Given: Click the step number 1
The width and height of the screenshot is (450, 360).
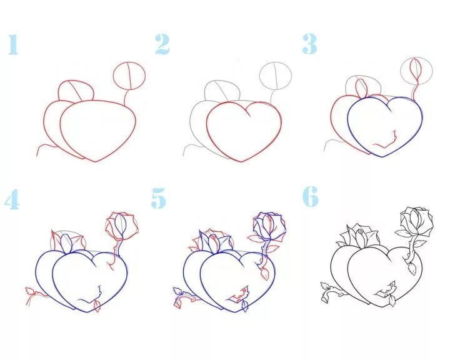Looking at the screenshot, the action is [13, 44].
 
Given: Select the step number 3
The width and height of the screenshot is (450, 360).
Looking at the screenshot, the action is [309, 44].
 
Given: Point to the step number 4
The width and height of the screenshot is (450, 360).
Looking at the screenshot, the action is [12, 199].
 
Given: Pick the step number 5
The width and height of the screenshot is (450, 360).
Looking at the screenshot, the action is [159, 198].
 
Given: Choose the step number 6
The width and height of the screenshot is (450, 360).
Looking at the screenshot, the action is [311, 196].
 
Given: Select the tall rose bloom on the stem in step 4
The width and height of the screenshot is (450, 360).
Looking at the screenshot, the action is [122, 226].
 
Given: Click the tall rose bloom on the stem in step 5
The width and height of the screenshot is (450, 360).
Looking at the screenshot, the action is [270, 226].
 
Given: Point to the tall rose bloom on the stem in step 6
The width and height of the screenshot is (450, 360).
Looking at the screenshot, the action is [417, 221].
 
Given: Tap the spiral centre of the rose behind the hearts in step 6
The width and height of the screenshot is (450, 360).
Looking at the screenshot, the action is [361, 231].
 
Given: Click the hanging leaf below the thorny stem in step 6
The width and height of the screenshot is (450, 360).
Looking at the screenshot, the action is [412, 268].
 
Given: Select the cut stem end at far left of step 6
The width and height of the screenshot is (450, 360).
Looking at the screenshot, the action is [324, 299].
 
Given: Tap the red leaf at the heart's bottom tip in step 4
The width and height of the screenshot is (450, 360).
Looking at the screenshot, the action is [97, 306].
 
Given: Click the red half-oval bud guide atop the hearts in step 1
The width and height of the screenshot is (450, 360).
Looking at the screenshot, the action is [76, 91].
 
